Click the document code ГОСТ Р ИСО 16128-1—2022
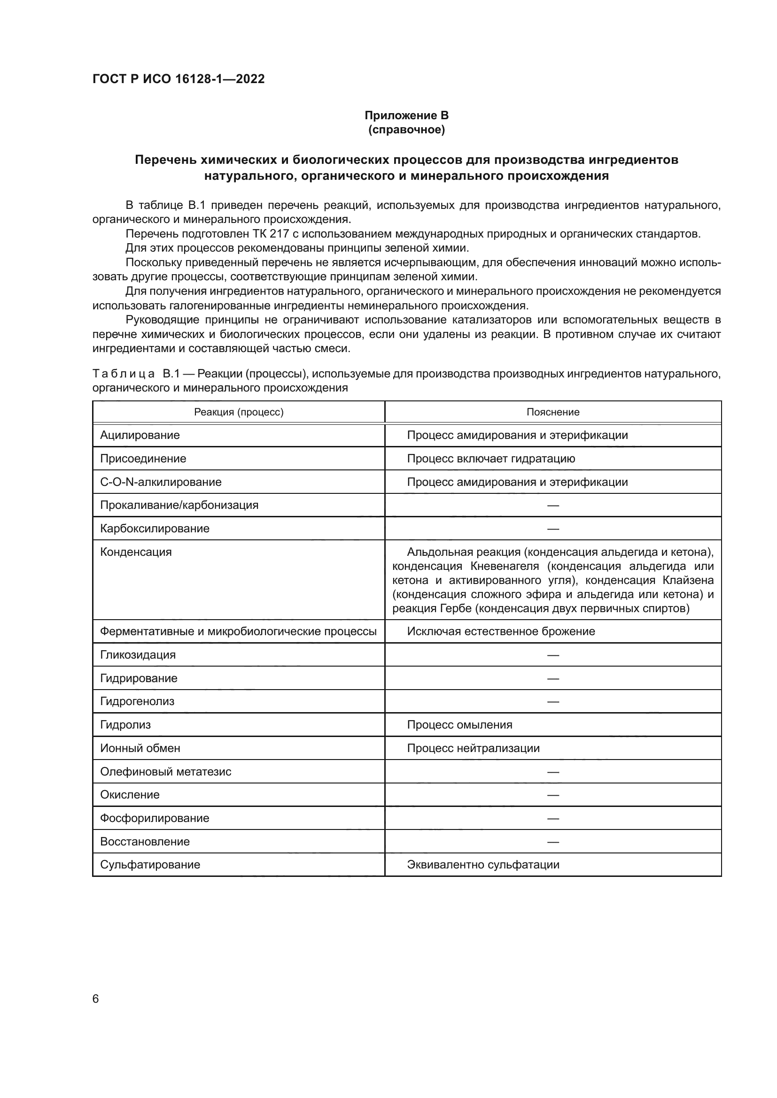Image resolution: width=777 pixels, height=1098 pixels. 179,79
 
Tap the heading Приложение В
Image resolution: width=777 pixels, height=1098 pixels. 406,115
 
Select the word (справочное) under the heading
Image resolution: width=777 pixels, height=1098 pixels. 406,130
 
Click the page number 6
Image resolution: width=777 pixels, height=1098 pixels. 96,998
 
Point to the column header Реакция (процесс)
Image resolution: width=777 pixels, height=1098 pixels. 238,412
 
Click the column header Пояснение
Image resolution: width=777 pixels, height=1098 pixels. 552,412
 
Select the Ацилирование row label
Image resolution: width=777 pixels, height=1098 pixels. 140,435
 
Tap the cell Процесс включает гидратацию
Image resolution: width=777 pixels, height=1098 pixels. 491,459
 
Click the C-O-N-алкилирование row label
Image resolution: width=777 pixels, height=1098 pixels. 161,482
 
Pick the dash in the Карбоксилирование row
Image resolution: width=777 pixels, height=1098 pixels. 552,529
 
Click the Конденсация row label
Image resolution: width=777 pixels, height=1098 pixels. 135,552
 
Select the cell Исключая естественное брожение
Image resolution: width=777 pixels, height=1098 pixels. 501,631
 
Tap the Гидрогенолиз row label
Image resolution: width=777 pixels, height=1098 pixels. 137,701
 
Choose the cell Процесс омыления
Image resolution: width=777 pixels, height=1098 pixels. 459,724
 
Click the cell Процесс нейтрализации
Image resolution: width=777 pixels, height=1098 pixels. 473,748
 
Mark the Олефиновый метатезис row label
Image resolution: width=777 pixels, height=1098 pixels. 165,771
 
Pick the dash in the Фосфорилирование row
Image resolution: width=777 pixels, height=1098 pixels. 552,818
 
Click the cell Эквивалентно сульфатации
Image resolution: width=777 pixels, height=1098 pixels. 483,865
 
